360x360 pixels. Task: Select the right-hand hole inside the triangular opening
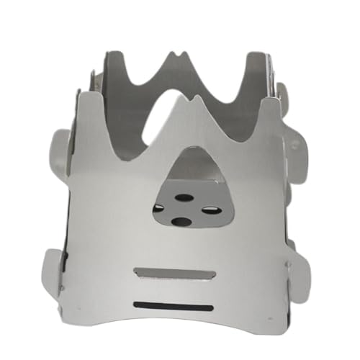click(x=210, y=210)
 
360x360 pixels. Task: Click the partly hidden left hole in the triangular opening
click(x=158, y=209)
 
